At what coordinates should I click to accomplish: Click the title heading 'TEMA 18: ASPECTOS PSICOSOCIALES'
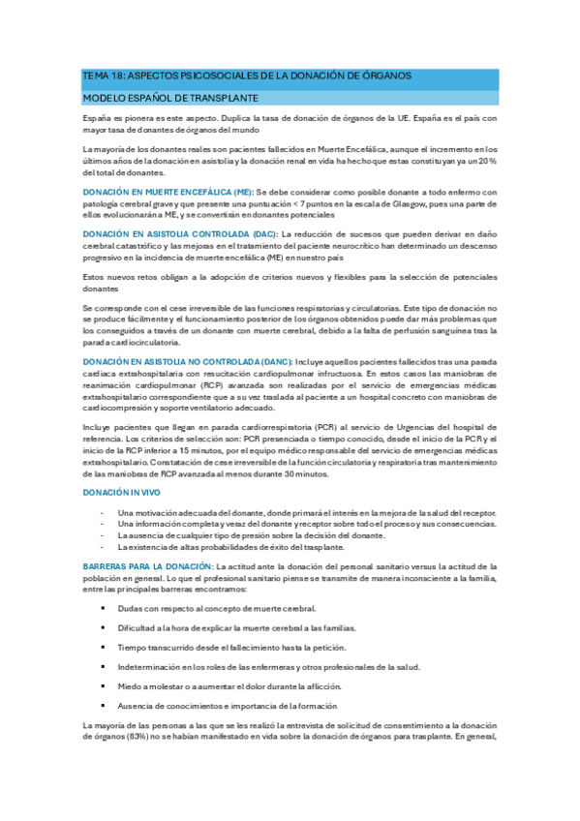(x=247, y=76)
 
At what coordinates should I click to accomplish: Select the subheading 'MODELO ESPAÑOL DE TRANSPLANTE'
(x=168, y=99)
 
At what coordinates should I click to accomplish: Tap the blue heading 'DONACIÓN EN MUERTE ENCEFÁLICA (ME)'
(x=168, y=193)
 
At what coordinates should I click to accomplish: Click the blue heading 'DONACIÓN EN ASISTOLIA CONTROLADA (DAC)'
(x=180, y=234)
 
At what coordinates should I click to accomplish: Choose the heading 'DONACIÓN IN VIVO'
(x=121, y=493)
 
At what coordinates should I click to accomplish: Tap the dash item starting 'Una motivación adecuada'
(x=306, y=512)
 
